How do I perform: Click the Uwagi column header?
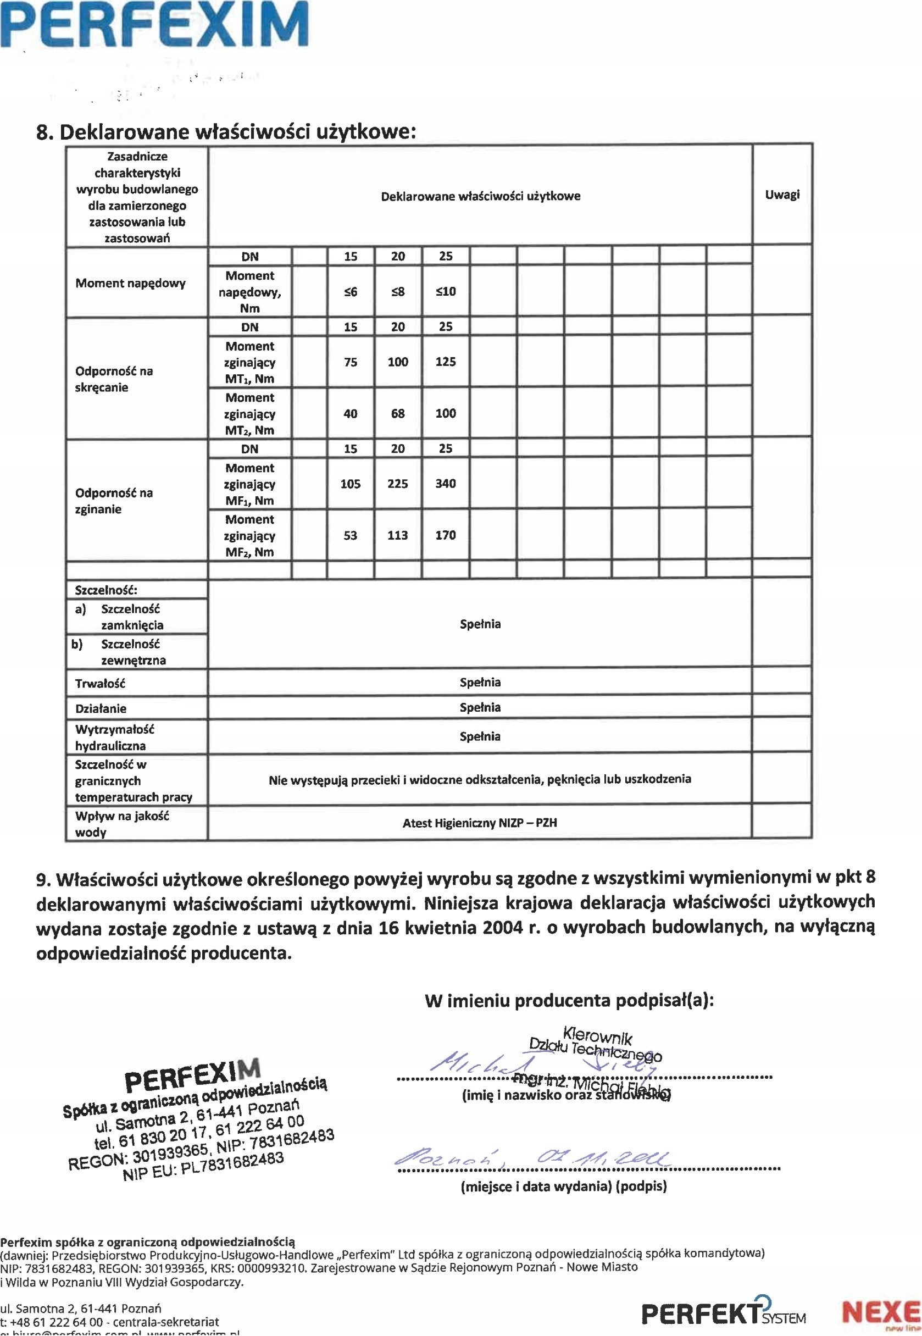(782, 195)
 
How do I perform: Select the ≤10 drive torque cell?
(446, 292)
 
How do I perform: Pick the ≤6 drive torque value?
(351, 292)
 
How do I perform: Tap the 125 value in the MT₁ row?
(446, 362)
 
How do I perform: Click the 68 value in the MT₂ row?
(398, 414)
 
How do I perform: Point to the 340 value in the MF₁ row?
(446, 484)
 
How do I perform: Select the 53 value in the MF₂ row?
(351, 535)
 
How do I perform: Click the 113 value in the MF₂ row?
(398, 535)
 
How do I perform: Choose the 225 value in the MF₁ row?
(398, 484)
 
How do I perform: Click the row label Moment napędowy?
(131, 283)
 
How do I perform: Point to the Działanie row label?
(101, 708)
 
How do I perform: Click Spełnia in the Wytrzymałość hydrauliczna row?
(480, 737)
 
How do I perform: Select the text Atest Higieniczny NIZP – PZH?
(480, 823)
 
